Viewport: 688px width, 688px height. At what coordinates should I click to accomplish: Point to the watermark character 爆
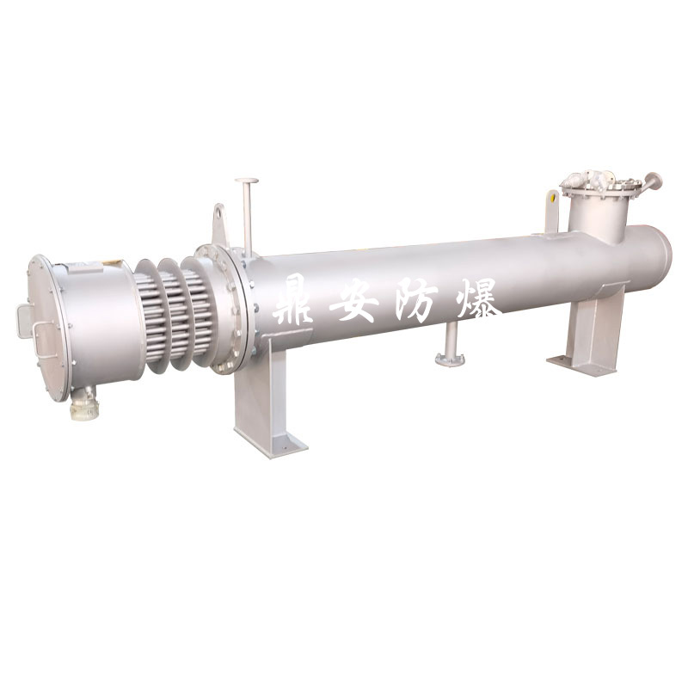(476, 299)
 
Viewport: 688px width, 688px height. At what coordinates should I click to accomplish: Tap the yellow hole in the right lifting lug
(552, 200)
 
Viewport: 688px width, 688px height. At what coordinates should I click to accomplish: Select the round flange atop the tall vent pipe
(246, 181)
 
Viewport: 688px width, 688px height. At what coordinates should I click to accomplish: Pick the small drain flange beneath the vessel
(450, 359)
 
